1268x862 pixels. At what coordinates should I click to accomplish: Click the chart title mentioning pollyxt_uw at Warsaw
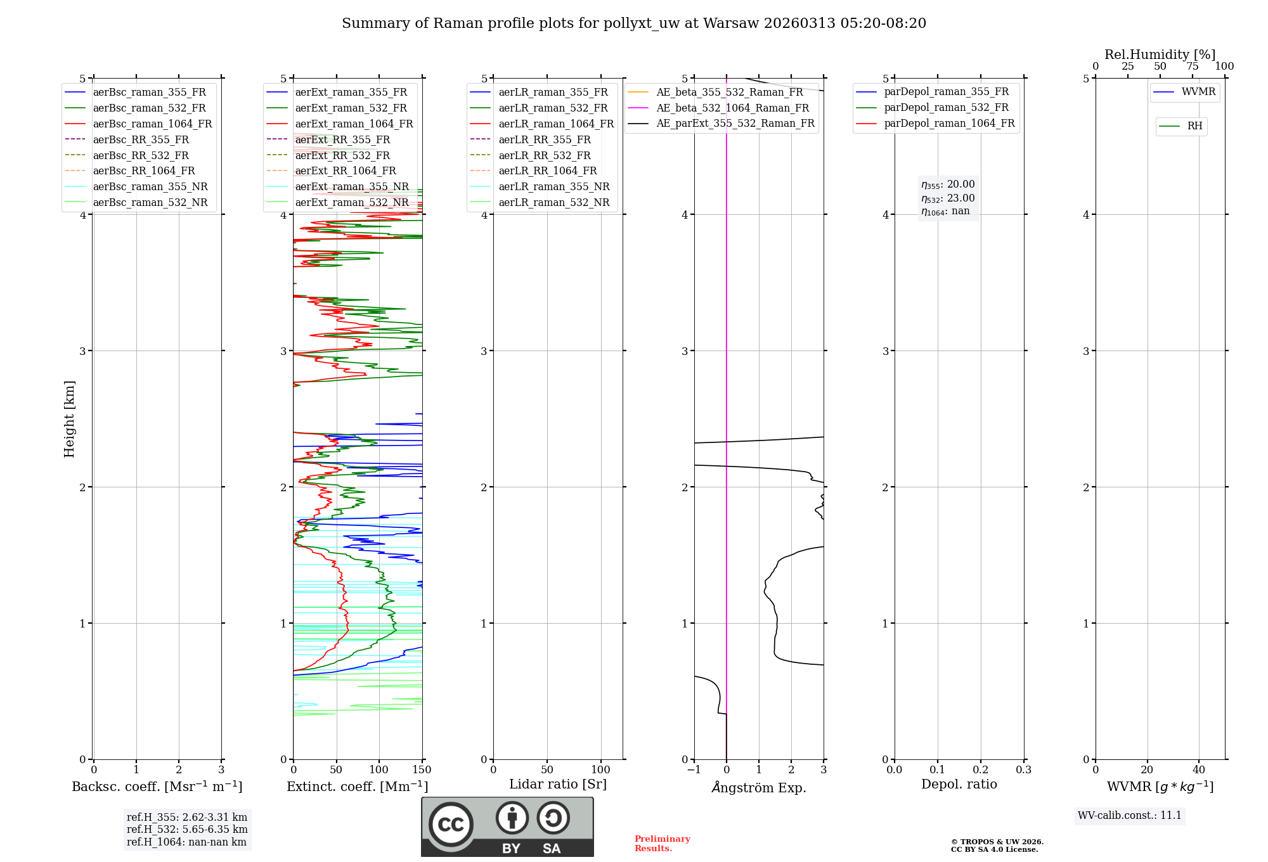click(634, 23)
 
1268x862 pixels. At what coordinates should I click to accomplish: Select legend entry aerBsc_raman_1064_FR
click(152, 124)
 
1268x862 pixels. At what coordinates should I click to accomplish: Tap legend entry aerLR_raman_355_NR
click(553, 186)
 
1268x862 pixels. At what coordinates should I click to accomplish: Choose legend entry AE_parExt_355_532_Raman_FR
click(735, 123)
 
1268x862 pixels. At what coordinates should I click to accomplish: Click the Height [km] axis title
click(69, 418)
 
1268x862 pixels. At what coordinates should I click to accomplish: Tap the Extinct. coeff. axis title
click(358, 787)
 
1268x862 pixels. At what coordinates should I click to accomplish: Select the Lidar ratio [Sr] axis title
click(558, 784)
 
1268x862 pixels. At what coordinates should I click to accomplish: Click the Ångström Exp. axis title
click(759, 787)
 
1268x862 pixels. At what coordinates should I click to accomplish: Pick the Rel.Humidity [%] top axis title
click(1160, 55)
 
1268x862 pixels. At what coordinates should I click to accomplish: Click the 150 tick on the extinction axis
click(422, 770)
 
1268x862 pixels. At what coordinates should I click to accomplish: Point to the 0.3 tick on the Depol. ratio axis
click(1023, 770)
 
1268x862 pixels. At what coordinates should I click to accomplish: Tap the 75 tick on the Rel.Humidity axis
click(1192, 67)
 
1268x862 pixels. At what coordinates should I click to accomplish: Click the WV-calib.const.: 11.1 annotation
click(1130, 815)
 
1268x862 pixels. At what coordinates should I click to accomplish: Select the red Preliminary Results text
click(662, 844)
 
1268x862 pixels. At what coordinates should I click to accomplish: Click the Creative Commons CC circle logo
click(451, 825)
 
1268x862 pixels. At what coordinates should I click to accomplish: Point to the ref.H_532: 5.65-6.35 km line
click(187, 829)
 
